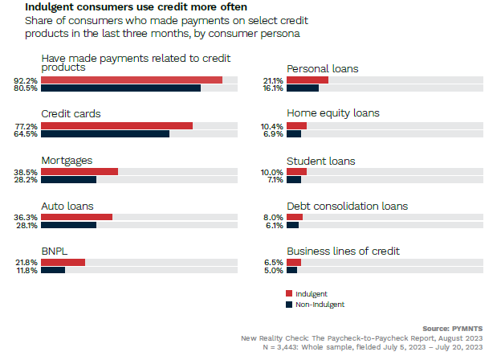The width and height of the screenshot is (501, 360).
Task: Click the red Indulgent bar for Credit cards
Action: click(x=116, y=126)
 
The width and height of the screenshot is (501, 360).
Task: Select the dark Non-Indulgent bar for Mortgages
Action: click(x=68, y=180)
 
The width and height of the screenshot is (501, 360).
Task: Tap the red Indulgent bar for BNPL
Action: click(x=63, y=262)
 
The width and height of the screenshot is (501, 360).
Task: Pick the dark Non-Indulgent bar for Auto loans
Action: click(x=68, y=226)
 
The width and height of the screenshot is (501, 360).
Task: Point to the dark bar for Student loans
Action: click(x=294, y=180)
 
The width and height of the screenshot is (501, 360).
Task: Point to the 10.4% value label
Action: click(x=272, y=126)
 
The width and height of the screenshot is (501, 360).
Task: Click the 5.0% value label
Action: click(x=272, y=271)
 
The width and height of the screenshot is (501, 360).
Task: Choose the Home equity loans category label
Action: click(x=332, y=113)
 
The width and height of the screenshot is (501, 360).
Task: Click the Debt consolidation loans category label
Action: click(x=347, y=206)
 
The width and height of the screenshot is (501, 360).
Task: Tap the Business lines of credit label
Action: click(x=343, y=252)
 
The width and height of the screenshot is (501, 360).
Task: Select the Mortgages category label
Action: click(x=67, y=160)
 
